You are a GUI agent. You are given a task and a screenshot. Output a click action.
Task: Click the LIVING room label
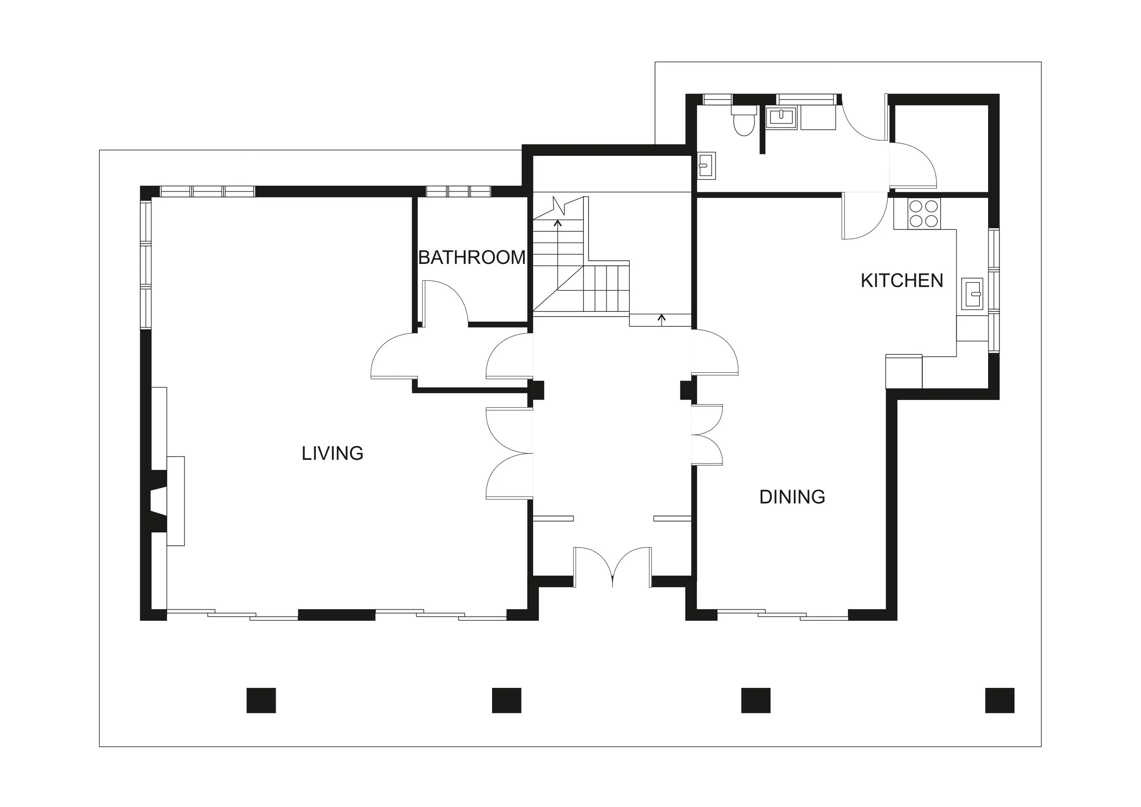tap(332, 454)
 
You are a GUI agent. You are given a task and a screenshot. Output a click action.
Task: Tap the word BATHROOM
tap(471, 258)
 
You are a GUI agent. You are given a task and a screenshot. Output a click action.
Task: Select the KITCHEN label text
tap(901, 281)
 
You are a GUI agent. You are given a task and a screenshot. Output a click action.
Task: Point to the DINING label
tap(792, 497)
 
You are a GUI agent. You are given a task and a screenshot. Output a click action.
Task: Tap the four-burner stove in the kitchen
tap(924, 214)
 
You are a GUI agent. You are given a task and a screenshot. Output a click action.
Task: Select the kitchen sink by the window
tap(972, 294)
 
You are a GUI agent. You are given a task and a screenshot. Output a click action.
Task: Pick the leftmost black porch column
tap(261, 700)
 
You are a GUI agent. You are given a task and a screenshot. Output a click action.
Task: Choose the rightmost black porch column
tap(1000, 700)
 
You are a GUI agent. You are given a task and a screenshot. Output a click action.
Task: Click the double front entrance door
tap(612, 567)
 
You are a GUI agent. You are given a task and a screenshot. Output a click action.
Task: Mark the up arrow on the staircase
tap(558, 224)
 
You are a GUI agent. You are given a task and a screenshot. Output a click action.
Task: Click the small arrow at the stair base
tap(661, 319)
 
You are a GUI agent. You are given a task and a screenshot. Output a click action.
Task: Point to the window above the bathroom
tap(458, 191)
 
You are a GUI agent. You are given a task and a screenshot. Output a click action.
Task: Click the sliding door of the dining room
tap(782, 615)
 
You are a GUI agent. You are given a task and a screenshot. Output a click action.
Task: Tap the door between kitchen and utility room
tap(864, 216)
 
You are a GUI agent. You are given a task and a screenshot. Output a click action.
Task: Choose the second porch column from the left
tap(507, 700)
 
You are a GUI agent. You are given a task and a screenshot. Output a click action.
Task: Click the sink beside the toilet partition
tap(781, 117)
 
